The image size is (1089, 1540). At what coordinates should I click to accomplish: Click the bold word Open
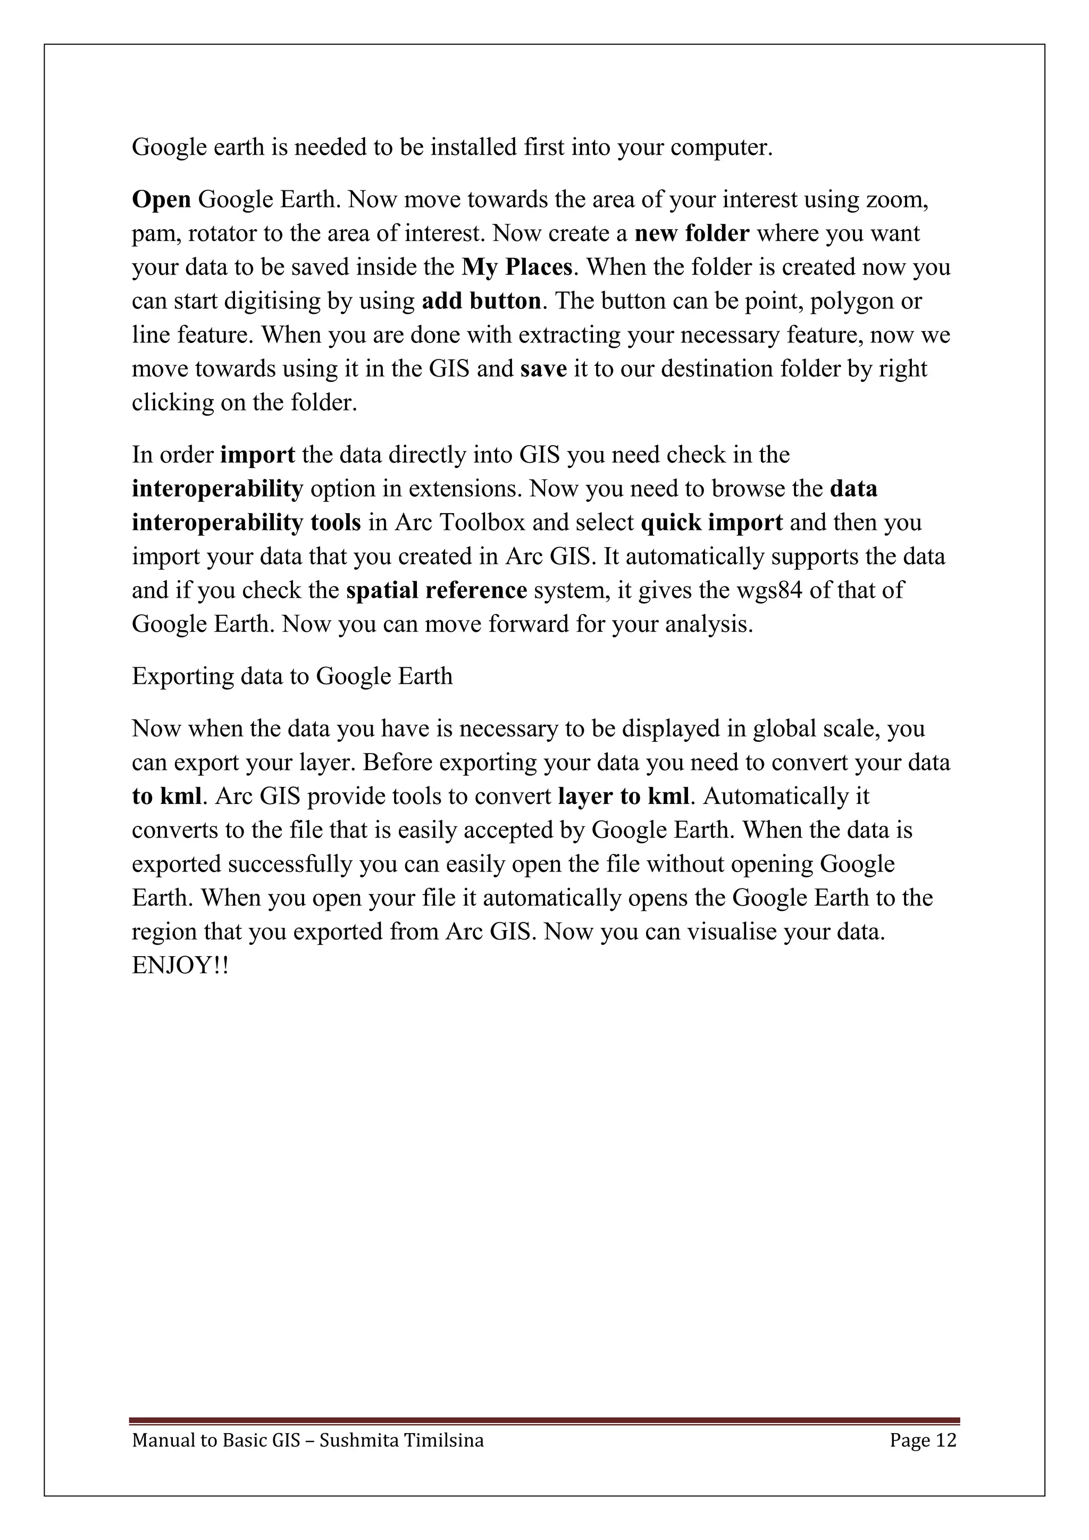point(162,200)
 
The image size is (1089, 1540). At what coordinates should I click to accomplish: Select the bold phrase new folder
point(691,233)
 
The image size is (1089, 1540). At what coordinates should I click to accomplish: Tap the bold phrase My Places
point(516,267)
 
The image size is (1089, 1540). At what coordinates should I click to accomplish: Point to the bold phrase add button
point(481,301)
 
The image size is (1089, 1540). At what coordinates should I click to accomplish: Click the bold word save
point(543,368)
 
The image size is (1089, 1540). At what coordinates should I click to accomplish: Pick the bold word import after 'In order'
point(257,455)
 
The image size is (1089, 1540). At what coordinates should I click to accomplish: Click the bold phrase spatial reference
point(437,590)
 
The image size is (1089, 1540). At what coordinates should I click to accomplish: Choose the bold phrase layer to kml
point(623,796)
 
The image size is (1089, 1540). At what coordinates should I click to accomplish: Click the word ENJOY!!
point(180,966)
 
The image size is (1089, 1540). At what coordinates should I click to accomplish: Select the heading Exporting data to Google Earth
point(292,676)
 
